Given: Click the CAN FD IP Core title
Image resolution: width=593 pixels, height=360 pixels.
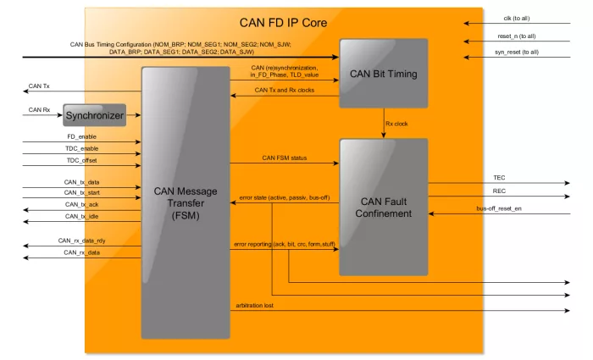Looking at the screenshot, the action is point(283,23).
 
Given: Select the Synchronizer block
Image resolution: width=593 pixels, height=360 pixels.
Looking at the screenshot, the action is point(95,115).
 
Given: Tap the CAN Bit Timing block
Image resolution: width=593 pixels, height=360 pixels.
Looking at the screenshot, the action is point(384,74).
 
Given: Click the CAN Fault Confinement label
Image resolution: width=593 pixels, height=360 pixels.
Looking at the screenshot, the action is point(384,208).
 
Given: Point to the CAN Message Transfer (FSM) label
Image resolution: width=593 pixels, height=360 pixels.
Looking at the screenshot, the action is point(186,203).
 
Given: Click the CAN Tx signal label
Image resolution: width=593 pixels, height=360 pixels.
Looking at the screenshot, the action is point(39,86).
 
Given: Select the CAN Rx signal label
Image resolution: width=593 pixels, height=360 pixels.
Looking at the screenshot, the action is point(39,110).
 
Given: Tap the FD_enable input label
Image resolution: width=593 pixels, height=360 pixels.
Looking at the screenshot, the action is point(81,137).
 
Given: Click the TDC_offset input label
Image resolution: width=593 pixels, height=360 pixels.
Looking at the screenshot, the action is point(81,161).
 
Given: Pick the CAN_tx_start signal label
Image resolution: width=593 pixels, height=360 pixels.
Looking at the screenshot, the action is point(81,193).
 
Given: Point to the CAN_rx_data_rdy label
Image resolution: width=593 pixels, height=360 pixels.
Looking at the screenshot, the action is point(81,241).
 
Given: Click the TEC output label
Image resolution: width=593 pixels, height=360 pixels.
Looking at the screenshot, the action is point(499,178).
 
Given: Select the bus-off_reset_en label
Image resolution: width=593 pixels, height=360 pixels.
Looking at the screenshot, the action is point(499,208).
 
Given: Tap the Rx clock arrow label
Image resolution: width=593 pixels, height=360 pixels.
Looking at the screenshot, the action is point(396,124).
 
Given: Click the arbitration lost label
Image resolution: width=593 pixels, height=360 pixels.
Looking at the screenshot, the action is point(254,306).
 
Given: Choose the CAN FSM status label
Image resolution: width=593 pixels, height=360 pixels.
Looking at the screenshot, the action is point(285,158).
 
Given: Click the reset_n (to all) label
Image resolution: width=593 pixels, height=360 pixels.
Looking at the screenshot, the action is point(517,36).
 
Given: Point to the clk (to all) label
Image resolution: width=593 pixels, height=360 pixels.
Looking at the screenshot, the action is point(517,19).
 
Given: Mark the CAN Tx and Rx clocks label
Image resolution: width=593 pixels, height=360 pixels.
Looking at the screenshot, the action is point(285,90).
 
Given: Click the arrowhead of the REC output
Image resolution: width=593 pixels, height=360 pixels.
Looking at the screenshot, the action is point(568,197).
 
